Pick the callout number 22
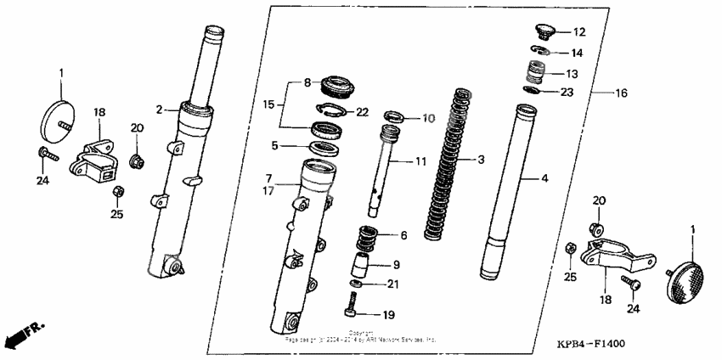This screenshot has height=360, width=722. click(x=363, y=112)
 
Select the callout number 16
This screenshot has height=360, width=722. click(x=621, y=91)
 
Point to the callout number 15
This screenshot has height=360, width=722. click(x=268, y=104)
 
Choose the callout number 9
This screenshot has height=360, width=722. click(x=396, y=265)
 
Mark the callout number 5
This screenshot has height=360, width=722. click(x=275, y=145)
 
